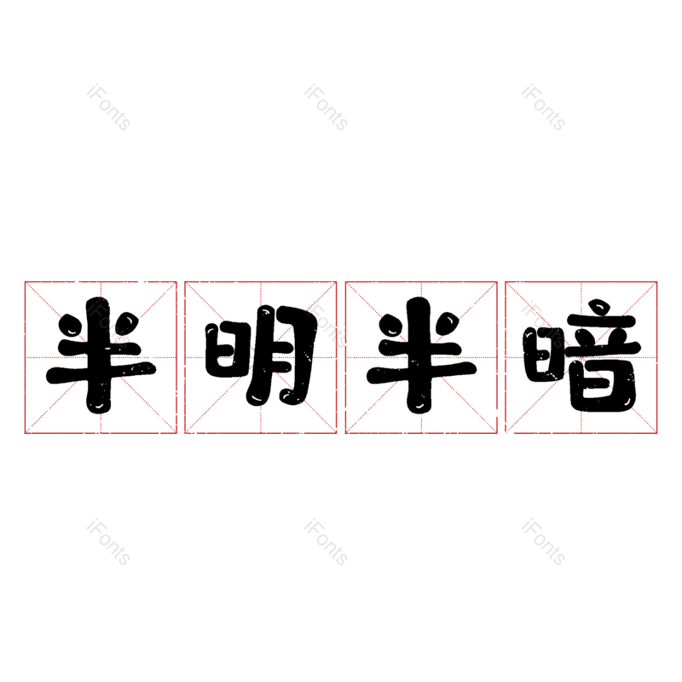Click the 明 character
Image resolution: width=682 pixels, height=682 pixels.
point(262,355)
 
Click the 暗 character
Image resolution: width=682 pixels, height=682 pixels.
point(582,355)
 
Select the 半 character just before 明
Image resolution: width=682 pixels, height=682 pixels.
point(101,355)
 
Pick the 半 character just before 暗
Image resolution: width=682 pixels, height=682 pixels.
point(421,355)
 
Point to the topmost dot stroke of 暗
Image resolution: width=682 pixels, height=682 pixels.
point(599,306)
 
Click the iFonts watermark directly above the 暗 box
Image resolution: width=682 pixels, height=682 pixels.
point(543,107)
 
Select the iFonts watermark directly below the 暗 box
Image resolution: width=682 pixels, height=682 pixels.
point(543,542)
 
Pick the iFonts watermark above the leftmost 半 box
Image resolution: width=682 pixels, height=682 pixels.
point(108,107)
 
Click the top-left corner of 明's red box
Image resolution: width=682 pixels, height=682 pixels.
point(185,282)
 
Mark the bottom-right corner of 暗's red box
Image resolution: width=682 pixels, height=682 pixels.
point(656,433)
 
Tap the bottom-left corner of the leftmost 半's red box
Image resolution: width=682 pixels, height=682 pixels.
point(26,433)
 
